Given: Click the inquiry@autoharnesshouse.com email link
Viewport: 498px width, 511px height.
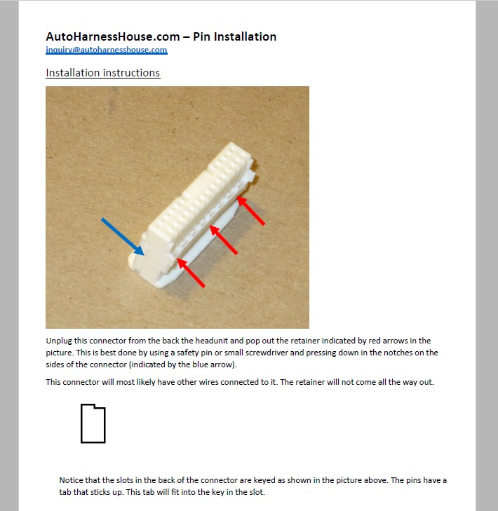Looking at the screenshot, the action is coord(107,50).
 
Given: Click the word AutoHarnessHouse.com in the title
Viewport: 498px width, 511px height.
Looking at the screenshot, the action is coord(113,36).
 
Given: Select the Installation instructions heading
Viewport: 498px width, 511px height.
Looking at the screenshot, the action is coord(102,73).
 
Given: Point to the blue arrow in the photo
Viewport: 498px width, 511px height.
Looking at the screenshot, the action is coord(123,237).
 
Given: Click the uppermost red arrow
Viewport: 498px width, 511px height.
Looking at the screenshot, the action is coord(250,210).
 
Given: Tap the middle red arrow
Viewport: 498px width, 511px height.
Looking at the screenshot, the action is coord(224,240).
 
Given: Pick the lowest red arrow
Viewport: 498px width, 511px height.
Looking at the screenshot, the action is coord(191,273).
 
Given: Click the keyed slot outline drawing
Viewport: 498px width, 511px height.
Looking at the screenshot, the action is coord(93,423).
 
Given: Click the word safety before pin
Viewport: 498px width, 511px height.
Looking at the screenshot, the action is coord(187,353).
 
